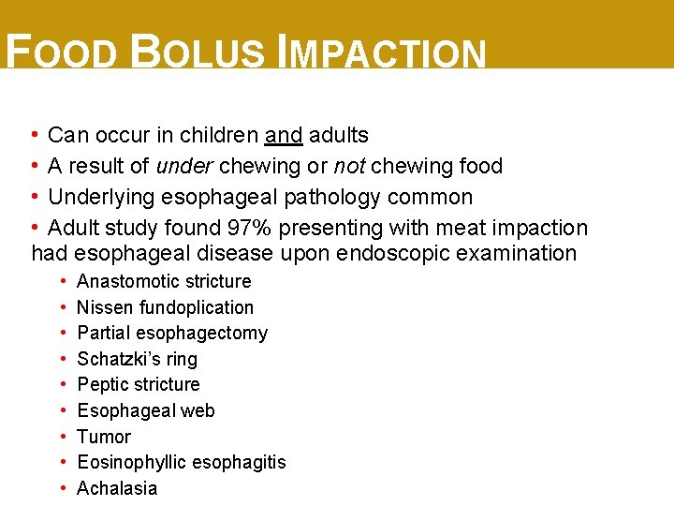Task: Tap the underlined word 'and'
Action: click(284, 135)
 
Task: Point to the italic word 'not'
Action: click(350, 166)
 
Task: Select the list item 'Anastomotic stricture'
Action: click(164, 281)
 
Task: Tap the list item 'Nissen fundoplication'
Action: click(165, 307)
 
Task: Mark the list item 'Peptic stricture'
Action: click(139, 384)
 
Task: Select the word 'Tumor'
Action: click(104, 437)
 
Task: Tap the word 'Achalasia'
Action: click(117, 488)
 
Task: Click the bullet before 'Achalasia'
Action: click(61, 488)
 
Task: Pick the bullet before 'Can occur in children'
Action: click(35, 135)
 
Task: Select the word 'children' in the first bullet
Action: click(222, 135)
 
